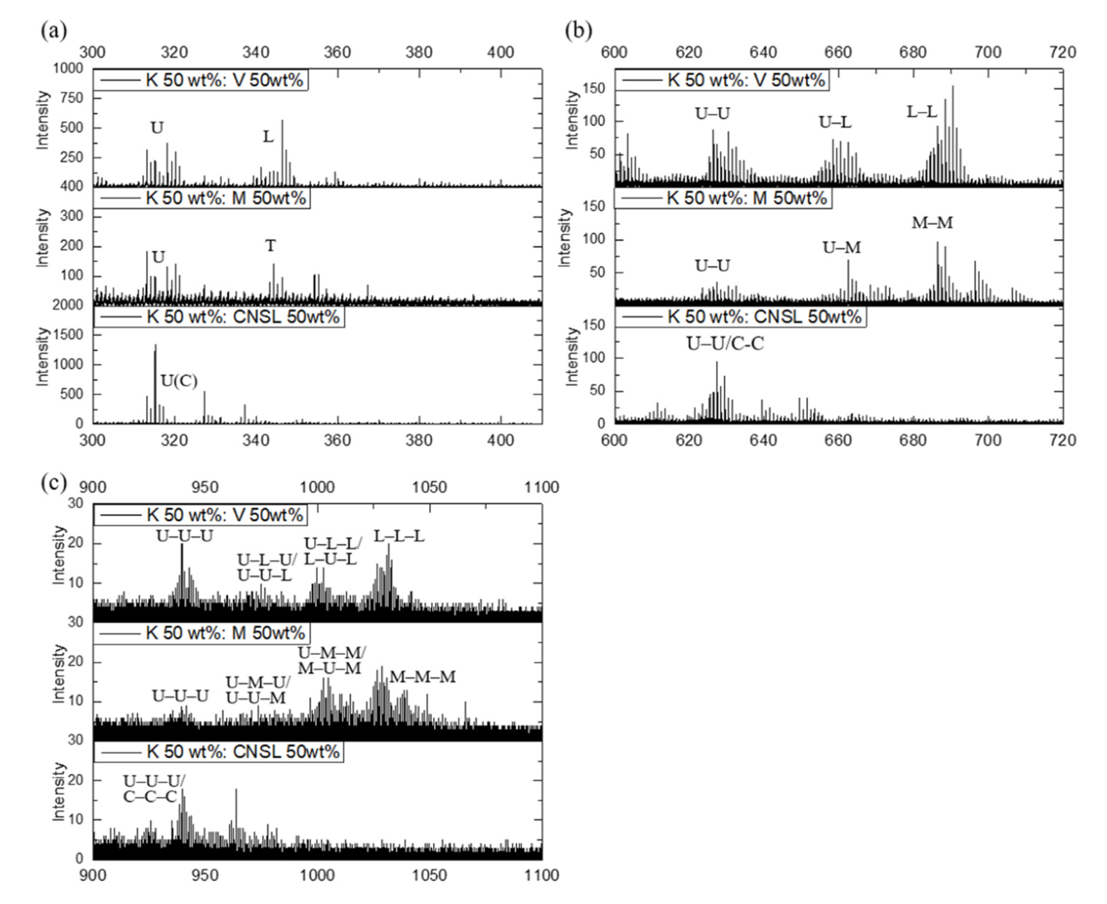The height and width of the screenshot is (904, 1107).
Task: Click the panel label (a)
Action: pos(54,31)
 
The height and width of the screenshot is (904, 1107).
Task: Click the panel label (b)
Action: pos(578,31)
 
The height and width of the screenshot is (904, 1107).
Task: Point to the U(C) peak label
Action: pos(178,381)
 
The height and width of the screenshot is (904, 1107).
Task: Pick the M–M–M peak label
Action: pos(422,677)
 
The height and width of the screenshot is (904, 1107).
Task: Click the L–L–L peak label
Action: pos(399,536)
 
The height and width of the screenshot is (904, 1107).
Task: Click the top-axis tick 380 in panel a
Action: pos(419,52)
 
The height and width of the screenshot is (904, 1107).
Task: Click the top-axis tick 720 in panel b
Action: pos(1062,52)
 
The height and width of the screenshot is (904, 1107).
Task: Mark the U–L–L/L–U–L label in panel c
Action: pos(332,551)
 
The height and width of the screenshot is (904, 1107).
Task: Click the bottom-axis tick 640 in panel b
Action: pos(763,440)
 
